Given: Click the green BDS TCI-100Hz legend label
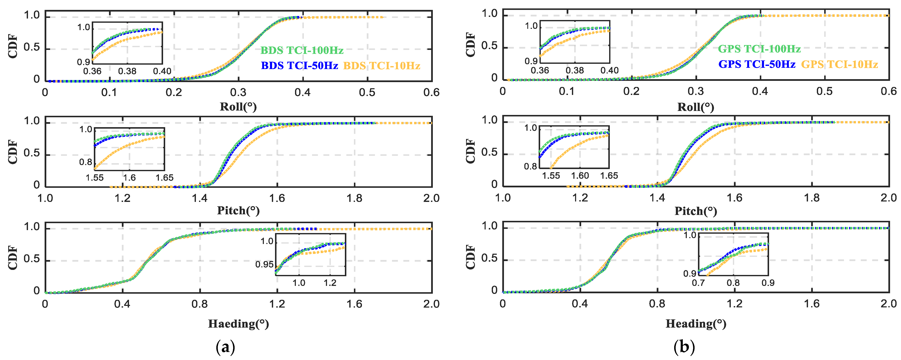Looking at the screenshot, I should coord(302,50).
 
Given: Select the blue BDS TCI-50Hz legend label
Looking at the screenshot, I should coord(299,66).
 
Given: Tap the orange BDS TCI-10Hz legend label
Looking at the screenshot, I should coord(382,66).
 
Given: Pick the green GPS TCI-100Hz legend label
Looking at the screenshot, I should coord(759,49).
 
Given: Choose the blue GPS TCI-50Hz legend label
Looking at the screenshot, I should coord(757,64).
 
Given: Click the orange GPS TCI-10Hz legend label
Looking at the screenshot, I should coord(839,64).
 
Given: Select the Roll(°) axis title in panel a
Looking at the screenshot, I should coord(238,107).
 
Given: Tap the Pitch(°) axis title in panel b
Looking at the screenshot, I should coord(696,211).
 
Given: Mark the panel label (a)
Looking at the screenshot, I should coord(226,347).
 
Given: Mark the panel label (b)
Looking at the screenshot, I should coord(684,347).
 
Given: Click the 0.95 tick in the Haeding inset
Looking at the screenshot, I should coord(264,264).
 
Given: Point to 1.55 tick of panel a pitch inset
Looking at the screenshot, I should coord(94,178).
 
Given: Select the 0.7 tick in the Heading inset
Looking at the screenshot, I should coord(698,283).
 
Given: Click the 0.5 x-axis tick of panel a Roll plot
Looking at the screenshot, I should coord(367,92).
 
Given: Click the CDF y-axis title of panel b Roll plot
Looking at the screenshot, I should coord(470,45).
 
